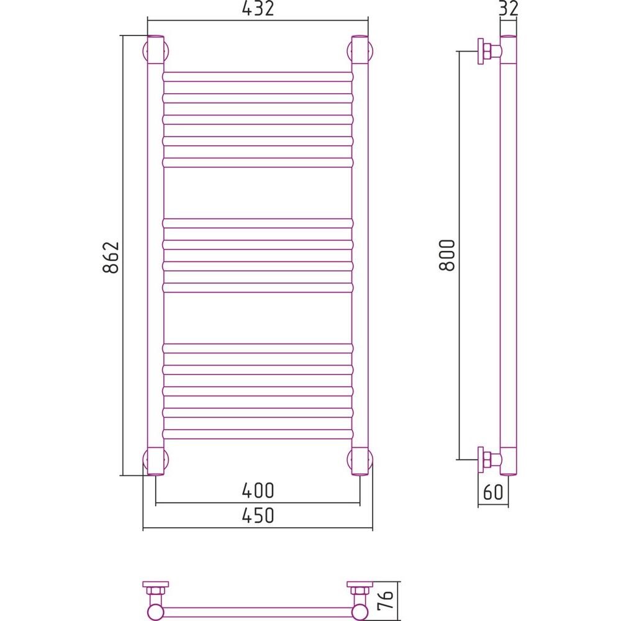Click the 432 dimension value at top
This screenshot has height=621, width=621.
pos(258,9)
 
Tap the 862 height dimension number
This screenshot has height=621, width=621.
pos(111,257)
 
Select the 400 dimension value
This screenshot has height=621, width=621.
pos(258,491)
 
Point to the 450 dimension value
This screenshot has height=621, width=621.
pos(258,515)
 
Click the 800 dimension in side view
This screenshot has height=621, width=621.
pos(447,255)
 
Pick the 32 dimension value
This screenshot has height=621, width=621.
pos(509,9)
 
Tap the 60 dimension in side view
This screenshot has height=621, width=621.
pos(493,492)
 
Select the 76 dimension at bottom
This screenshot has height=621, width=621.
pos(386,601)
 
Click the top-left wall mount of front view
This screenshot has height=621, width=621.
pos(156,51)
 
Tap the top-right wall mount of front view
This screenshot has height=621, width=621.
pos(360,51)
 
